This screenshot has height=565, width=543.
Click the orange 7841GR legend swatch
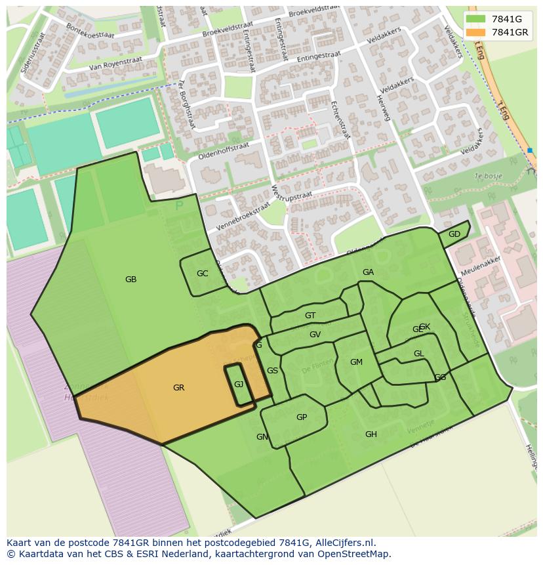[476, 32]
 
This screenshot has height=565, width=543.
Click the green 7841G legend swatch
[476, 19]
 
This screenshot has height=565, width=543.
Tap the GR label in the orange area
[178, 388]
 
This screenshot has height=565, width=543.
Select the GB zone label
[131, 280]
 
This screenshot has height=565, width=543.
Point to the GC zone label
[202, 274]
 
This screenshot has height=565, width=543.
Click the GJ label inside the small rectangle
[239, 385]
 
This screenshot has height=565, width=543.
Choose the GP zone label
[302, 417]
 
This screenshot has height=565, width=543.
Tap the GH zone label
[371, 434]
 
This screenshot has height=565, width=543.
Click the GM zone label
[356, 362]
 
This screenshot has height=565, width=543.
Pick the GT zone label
[310, 316]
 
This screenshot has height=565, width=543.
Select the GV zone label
[315, 335]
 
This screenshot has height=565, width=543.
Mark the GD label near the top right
[454, 234]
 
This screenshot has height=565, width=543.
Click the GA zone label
[368, 272]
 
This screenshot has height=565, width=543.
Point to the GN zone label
[262, 437]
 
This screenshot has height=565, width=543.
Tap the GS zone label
[272, 371]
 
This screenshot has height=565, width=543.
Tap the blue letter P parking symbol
[179, 206]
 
